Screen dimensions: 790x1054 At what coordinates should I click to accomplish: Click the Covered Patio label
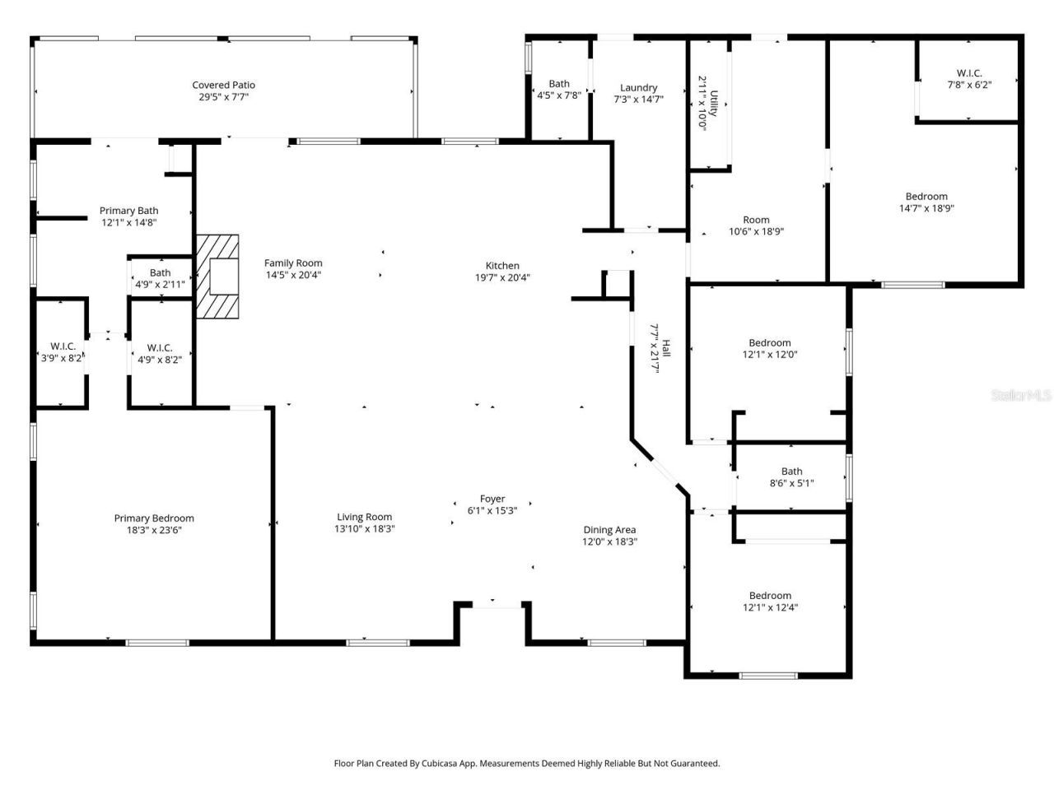[x=223, y=85]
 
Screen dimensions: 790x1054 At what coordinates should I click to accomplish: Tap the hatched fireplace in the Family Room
[x=217, y=276]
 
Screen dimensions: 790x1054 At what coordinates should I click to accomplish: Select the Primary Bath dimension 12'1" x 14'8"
[x=129, y=222]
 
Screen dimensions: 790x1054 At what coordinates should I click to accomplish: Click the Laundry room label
[x=638, y=87]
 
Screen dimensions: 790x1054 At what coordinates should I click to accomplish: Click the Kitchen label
[x=502, y=265]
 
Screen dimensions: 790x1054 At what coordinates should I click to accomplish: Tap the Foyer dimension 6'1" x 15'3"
[x=492, y=510]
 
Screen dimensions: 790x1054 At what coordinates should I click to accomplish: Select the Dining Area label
[x=609, y=530]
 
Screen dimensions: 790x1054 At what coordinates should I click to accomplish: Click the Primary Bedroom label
[x=154, y=518]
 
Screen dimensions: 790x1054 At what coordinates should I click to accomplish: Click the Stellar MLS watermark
[x=1021, y=395]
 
